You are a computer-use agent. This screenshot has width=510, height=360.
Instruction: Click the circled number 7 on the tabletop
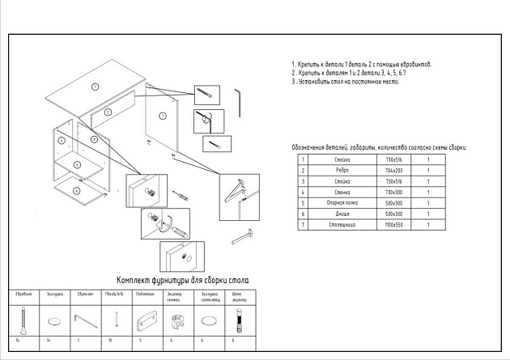point(95,86)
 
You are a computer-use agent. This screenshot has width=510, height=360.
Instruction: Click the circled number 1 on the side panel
point(163,116)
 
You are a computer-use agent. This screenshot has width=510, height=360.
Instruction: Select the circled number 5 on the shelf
point(76,165)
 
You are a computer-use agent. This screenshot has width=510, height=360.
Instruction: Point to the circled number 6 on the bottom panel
point(76,190)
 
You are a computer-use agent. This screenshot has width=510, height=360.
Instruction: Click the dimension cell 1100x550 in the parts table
point(393,224)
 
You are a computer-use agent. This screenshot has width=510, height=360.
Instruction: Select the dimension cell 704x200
point(393,171)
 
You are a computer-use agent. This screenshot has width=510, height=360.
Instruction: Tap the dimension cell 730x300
point(393,193)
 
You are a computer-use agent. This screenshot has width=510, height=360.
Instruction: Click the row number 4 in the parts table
point(302,193)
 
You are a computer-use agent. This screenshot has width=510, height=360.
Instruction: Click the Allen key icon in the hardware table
point(82,320)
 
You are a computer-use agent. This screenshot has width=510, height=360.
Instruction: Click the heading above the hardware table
point(183,280)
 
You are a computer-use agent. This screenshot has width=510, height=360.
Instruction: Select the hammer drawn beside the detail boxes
point(242,236)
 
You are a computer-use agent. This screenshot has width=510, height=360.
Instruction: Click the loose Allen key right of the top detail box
point(239,100)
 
